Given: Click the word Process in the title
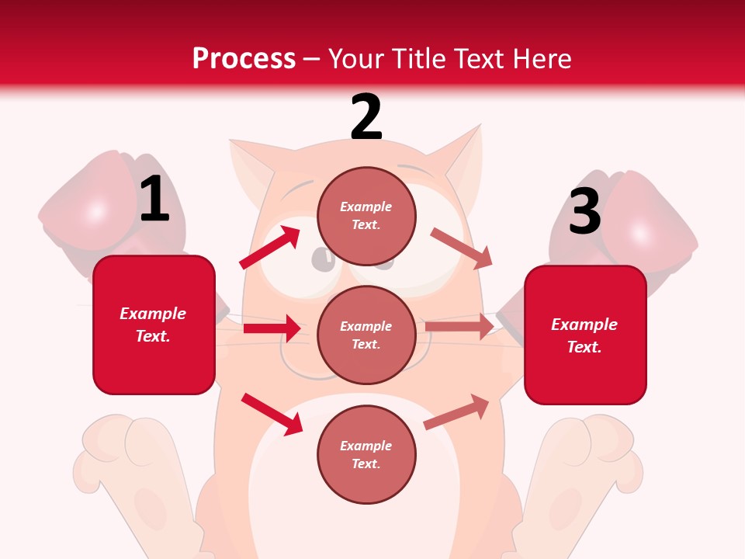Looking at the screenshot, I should tap(244, 58).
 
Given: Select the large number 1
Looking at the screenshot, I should tap(154, 199).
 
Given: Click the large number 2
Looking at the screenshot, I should tap(366, 116).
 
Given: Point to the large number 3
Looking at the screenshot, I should tap(585, 211).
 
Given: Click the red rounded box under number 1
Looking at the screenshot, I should tap(154, 325).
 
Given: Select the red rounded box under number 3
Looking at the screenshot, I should tap(585, 335).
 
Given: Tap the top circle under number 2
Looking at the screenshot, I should tap(366, 216).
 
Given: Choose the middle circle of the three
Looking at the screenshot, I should tap(366, 335).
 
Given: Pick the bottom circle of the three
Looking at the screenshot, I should tap(366, 454).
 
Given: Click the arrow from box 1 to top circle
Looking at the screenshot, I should tap(270, 248).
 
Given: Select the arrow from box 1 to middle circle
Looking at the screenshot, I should tap(272, 328).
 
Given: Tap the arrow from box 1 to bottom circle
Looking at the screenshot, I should tap(272, 414).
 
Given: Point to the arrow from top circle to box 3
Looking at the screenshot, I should tap(462, 248).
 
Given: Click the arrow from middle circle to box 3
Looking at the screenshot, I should tap(459, 326).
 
